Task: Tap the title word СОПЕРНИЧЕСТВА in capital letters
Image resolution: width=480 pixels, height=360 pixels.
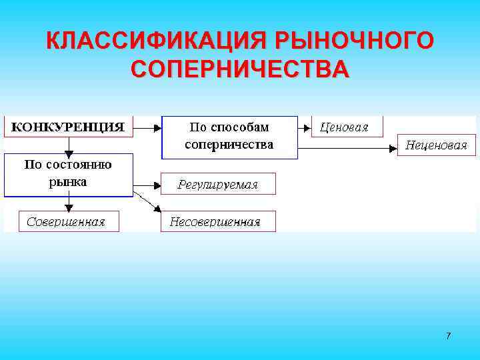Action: [x=240, y=69]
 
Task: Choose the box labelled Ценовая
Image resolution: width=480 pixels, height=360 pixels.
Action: [x=347, y=127]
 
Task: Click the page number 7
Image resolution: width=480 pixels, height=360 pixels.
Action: [x=448, y=335]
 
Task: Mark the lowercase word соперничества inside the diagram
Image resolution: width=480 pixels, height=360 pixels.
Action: [x=229, y=144]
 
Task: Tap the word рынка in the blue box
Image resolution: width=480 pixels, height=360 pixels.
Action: [x=68, y=181]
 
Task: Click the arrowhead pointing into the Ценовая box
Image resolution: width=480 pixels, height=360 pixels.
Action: [x=307, y=126]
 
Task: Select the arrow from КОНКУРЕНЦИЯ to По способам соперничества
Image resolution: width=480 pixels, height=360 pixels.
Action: [x=147, y=126]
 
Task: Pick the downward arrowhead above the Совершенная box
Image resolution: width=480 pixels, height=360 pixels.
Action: [x=69, y=207]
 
